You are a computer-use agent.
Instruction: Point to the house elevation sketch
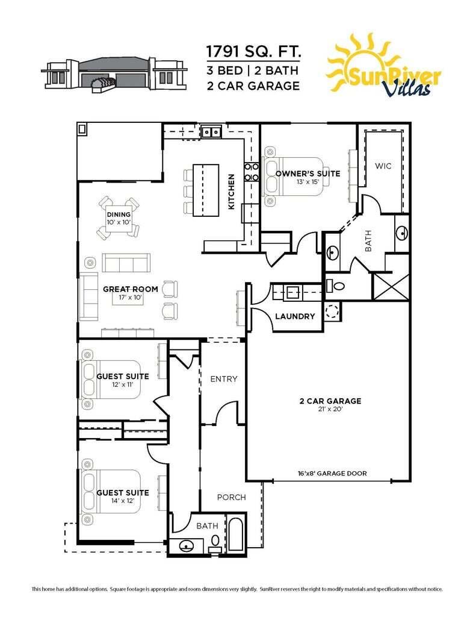(113, 74)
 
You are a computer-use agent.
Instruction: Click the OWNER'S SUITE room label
(308, 174)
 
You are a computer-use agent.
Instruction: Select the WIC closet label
(383, 166)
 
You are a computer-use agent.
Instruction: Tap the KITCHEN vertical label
(231, 192)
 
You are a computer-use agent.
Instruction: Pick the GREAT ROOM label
(131, 289)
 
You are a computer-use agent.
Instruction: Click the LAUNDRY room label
(295, 316)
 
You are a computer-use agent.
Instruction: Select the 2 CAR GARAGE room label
(330, 401)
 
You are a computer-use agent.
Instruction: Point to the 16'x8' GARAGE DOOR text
(332, 474)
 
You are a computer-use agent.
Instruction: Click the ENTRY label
(223, 379)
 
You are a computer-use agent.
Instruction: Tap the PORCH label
(231, 497)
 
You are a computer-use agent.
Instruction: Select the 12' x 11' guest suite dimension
(123, 384)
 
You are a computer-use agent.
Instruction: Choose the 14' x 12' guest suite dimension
(123, 500)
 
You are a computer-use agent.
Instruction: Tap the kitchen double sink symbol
(211, 131)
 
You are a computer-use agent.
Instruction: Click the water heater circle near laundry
(332, 310)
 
